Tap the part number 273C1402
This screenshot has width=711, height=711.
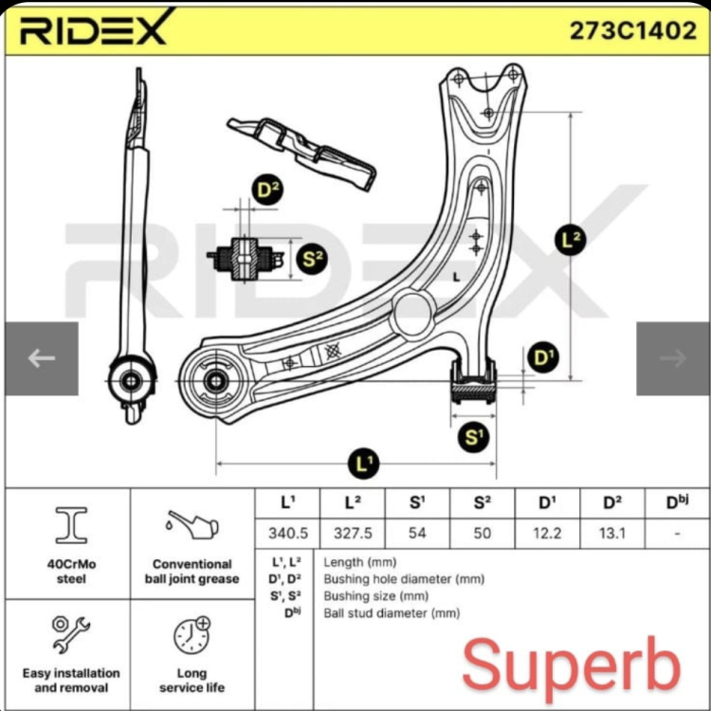coord(632,31)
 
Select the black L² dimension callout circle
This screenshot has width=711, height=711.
coord(571,240)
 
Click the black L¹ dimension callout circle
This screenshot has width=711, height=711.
coord(364,464)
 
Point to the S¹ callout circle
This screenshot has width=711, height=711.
coord(473,438)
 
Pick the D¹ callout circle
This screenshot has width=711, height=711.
coord(543,357)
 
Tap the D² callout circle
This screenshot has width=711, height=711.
coord(267,190)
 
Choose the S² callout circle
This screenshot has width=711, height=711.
coord(312,260)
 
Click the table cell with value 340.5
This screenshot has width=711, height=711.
coord(288,533)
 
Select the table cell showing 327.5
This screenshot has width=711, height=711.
coord(353,533)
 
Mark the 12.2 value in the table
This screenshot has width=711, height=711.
coord(547,533)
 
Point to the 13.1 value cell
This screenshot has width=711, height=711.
coord(612,533)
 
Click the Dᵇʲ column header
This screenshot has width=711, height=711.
coord(678,502)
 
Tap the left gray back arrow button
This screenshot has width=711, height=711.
coord(42,358)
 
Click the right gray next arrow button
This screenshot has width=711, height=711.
coord(673,358)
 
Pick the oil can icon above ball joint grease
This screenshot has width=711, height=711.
coord(192,526)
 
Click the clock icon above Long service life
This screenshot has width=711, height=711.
coord(192,635)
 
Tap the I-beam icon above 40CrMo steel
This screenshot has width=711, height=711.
coord(71,525)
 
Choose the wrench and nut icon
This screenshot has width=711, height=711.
coord(71,634)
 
